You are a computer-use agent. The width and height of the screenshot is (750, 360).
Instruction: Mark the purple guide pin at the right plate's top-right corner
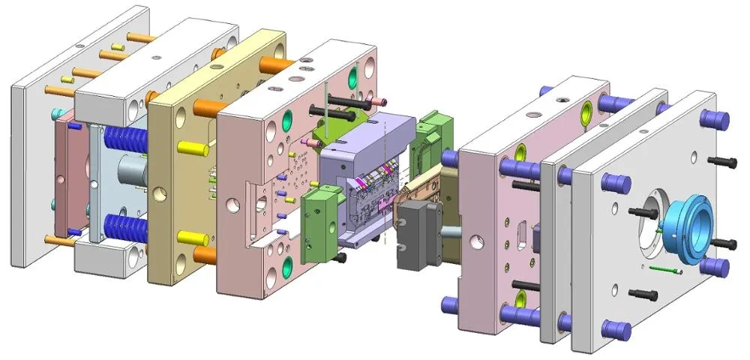715,118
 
